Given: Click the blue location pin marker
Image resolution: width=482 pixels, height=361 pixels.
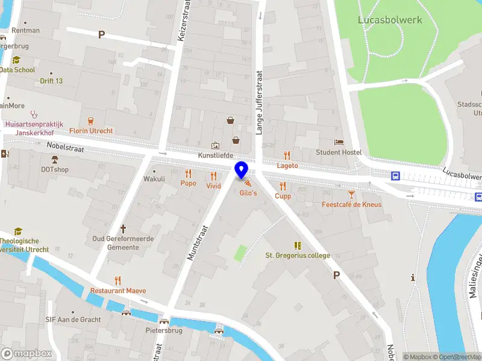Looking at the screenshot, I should coord(242,171).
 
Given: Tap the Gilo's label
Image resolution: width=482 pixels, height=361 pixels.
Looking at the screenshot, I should coord(248,193).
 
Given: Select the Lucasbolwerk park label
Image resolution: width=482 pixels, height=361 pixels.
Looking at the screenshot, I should coord(390,19).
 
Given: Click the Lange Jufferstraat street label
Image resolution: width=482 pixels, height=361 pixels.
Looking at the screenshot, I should coord(260,102).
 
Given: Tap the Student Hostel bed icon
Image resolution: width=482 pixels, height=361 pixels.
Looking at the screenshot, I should coord(339,142).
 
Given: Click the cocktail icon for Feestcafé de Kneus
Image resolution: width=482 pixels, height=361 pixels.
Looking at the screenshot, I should coord(351,194).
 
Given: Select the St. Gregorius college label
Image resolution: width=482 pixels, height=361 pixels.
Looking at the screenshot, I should coord(298,255).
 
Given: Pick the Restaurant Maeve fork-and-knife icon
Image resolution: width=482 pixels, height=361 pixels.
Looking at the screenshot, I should coord(117,280).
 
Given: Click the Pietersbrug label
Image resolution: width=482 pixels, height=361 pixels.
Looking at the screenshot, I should coord(163,330).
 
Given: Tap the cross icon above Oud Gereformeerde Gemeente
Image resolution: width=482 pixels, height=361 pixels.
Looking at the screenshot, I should coord(124,229).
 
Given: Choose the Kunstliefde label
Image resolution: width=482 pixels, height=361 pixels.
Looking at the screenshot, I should coord(215,155).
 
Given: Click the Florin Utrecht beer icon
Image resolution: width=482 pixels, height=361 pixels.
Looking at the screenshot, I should coord(91,120).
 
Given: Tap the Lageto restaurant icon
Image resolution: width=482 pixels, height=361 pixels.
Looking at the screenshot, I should coord(287,155).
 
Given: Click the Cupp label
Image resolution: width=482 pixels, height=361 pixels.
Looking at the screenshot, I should coord(283,196).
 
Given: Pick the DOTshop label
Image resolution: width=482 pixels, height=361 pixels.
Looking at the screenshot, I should coord(54,169).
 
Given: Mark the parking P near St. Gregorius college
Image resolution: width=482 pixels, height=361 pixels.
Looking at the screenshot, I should coord(337,275).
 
